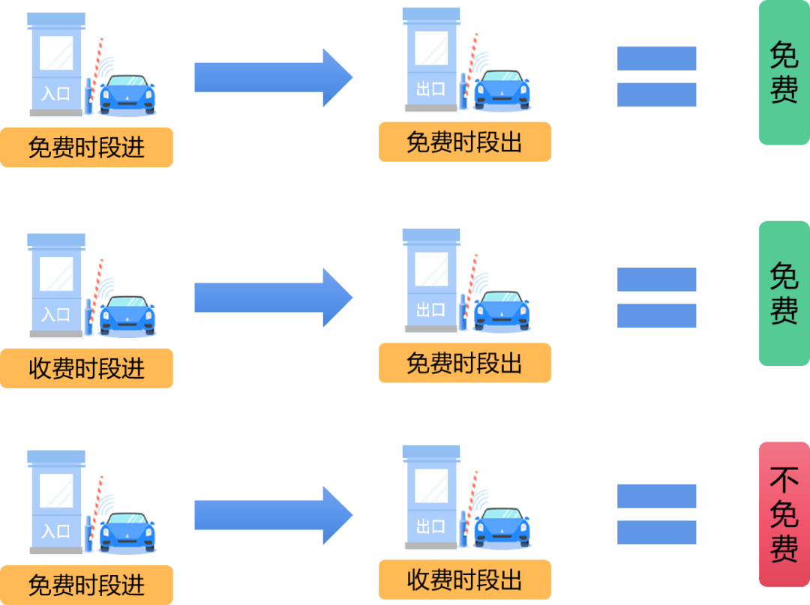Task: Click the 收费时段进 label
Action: pos(86,368)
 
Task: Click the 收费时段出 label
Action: pos(464,580)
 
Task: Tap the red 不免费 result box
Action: pos(784,514)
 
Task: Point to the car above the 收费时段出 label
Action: pos(502,526)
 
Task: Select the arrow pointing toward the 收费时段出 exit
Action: pos(273,514)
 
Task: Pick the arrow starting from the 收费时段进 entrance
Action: pos(273,298)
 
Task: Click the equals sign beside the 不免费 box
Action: pos(657,514)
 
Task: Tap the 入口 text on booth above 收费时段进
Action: pos(55,313)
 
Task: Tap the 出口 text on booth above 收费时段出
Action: pos(430,526)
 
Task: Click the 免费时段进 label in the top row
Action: pos(86,147)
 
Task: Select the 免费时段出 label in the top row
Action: pos(464,142)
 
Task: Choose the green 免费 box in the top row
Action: pos(784,72)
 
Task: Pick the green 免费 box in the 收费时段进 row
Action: pos(784,293)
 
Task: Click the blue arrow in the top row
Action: pos(273,77)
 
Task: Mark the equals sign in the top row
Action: pos(657,76)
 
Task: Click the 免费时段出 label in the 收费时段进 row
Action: pos(464,363)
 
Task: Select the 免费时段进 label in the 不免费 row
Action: pos(86,585)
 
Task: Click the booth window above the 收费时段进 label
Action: pos(56,274)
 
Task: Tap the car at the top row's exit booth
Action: pos(502,90)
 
